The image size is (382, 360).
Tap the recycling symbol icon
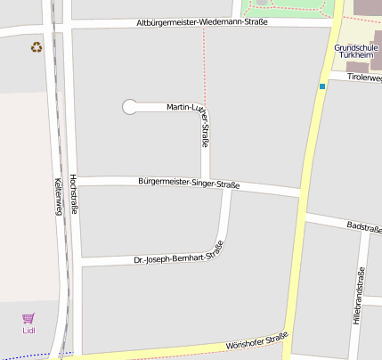coord(37,47)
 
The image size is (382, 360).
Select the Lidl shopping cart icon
coord(28,318)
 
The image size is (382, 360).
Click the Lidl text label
coord(28,331)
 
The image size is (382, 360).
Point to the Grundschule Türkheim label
coord(356,51)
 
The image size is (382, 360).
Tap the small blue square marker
coord(321,86)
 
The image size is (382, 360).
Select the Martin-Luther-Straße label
coord(192,116)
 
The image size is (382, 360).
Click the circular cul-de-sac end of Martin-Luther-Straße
coord(130,107)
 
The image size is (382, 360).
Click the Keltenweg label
coord(59,196)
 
